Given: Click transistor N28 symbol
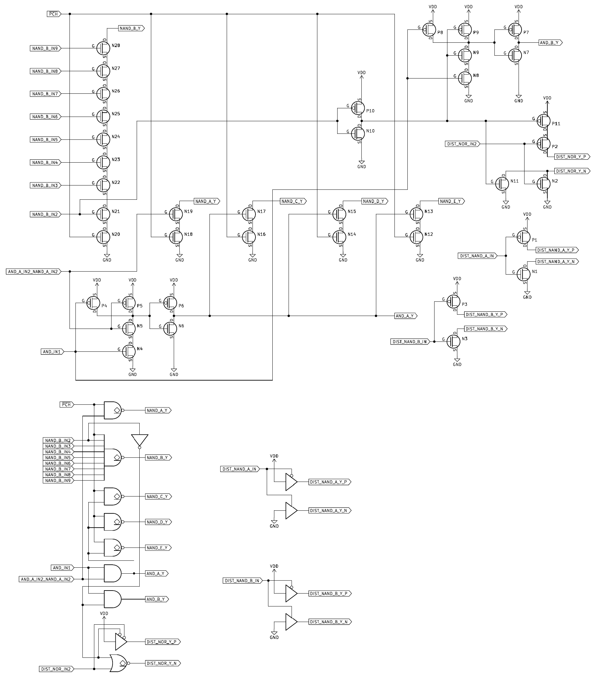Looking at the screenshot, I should [x=104, y=48].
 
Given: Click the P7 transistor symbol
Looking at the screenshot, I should [x=515, y=29].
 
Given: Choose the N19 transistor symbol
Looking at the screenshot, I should [x=176, y=214].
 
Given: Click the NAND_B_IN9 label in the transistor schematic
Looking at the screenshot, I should [x=45, y=48].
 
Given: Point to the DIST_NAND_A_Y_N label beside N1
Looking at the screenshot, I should [x=558, y=262].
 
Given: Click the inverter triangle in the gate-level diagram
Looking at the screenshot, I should [x=140, y=440].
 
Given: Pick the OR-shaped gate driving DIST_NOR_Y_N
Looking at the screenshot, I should [x=118, y=663].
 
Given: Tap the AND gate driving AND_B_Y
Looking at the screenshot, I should [x=113, y=599].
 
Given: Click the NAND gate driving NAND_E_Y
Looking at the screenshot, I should [x=113, y=547].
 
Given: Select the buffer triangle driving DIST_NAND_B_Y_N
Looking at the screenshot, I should [x=291, y=622].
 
